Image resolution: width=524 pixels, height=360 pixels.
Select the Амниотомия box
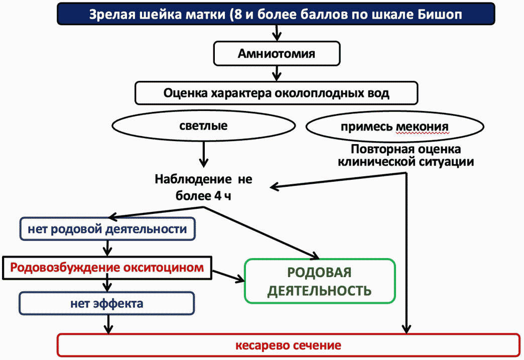point(277,54)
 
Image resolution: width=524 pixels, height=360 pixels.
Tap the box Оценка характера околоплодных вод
point(277,93)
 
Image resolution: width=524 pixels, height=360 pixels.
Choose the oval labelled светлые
point(203,126)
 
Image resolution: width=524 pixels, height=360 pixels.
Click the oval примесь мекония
point(395,127)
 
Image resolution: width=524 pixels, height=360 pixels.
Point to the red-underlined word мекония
point(423,127)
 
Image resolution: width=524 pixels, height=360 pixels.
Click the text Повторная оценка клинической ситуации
point(406,156)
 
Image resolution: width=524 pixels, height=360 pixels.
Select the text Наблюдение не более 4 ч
point(203,187)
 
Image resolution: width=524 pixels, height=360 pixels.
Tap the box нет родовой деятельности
point(107,229)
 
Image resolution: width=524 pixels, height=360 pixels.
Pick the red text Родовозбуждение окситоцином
point(107,268)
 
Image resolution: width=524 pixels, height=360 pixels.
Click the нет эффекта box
point(106,303)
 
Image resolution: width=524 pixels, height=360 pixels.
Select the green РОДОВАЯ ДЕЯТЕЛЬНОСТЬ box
point(320,281)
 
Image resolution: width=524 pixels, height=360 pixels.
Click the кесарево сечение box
point(289,345)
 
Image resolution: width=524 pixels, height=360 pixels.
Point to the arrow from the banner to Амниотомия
point(277,33)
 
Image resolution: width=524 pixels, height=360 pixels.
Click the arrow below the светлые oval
point(203,154)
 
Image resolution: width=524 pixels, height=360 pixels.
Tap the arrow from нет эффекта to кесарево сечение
point(107,324)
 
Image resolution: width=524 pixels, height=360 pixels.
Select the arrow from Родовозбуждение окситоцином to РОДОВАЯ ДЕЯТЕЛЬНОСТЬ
point(228,276)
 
